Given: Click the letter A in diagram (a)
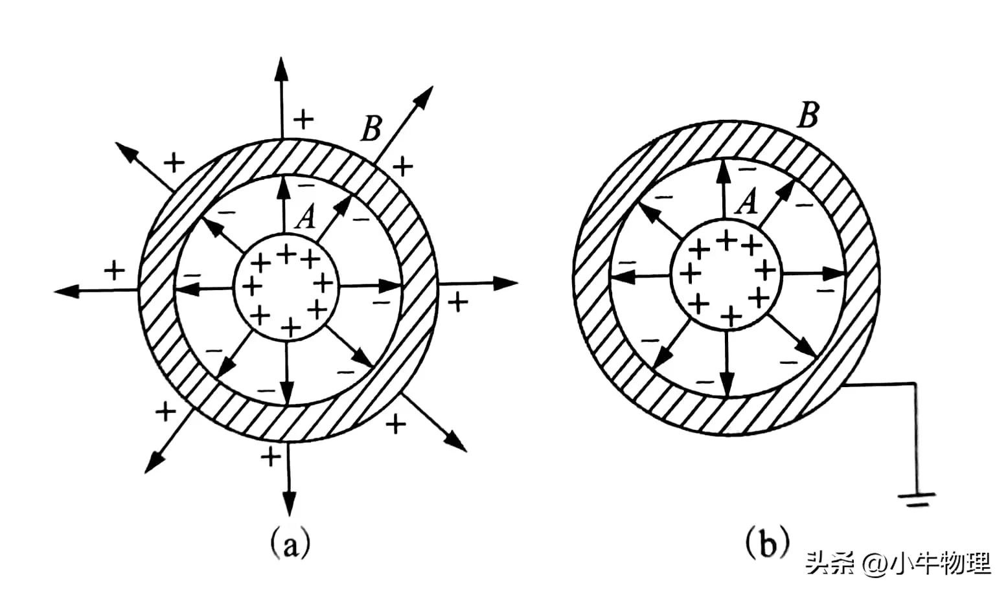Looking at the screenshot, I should tap(304, 218).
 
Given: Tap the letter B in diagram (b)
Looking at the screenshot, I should tap(807, 117).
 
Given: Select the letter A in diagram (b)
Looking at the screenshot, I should tap(748, 202).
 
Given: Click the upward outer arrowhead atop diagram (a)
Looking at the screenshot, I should tap(281, 67).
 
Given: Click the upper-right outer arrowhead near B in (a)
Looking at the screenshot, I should tap(424, 95).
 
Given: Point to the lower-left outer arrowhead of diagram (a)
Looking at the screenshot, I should tap(154, 460).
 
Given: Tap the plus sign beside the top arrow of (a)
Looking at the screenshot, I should tap(303, 118).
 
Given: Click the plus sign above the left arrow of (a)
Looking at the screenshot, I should tap(115, 269).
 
